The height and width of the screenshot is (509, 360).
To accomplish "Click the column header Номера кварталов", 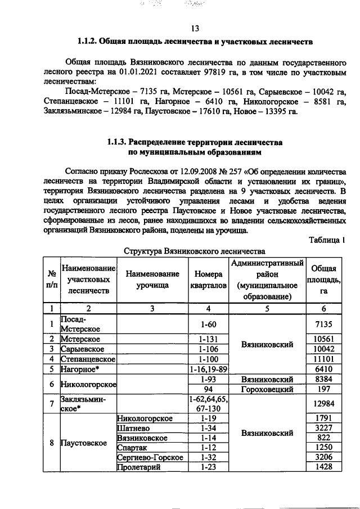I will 209,280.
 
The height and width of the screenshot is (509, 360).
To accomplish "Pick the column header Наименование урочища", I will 152,280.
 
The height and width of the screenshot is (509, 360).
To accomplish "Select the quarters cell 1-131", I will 209,339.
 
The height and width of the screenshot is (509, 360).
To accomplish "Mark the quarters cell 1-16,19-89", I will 209,369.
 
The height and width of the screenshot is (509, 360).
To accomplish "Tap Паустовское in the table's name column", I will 85,443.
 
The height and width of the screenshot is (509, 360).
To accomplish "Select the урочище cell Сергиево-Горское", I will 150,457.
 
